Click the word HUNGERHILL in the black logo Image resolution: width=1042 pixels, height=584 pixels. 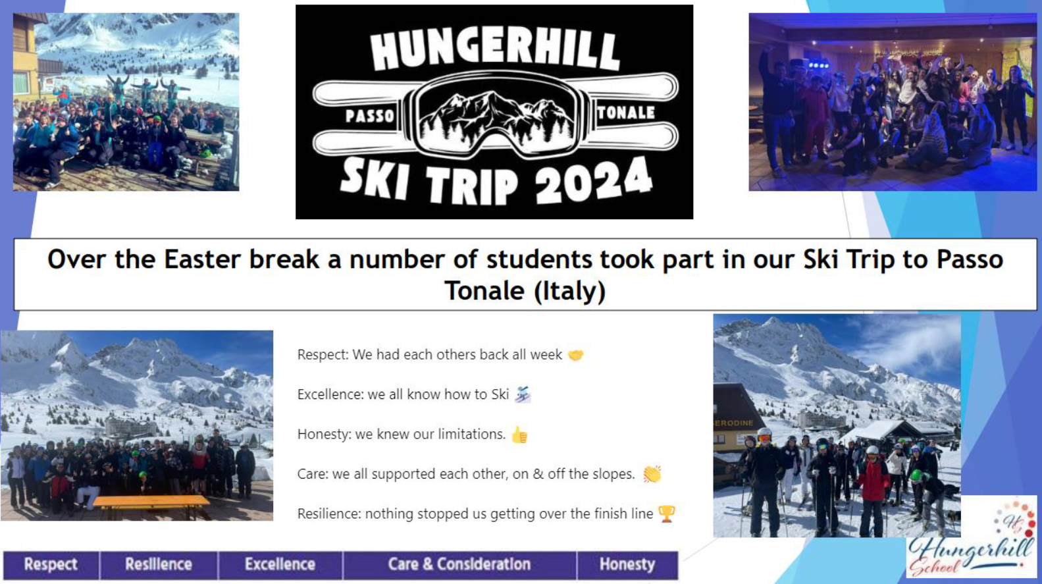[495, 50]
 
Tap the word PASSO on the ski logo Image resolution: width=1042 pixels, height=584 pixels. [370, 115]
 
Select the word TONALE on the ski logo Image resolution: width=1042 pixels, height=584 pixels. [626, 113]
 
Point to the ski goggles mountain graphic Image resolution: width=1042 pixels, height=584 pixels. [496, 117]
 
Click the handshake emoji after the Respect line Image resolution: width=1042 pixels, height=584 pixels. [575, 355]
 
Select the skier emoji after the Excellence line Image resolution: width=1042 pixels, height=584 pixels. [523, 394]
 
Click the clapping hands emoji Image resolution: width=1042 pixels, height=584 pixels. [652, 474]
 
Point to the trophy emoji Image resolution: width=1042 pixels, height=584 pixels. [667, 514]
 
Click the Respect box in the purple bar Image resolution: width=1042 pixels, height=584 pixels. [51, 565]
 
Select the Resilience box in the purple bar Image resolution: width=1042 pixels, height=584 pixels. [159, 565]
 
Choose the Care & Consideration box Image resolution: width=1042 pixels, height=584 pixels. [459, 565]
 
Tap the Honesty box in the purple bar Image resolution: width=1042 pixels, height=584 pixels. [627, 565]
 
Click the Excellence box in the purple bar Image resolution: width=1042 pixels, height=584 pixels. [280, 565]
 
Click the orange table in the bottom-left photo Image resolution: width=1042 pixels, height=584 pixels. [151, 502]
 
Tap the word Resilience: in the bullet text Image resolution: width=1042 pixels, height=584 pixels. [329, 514]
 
